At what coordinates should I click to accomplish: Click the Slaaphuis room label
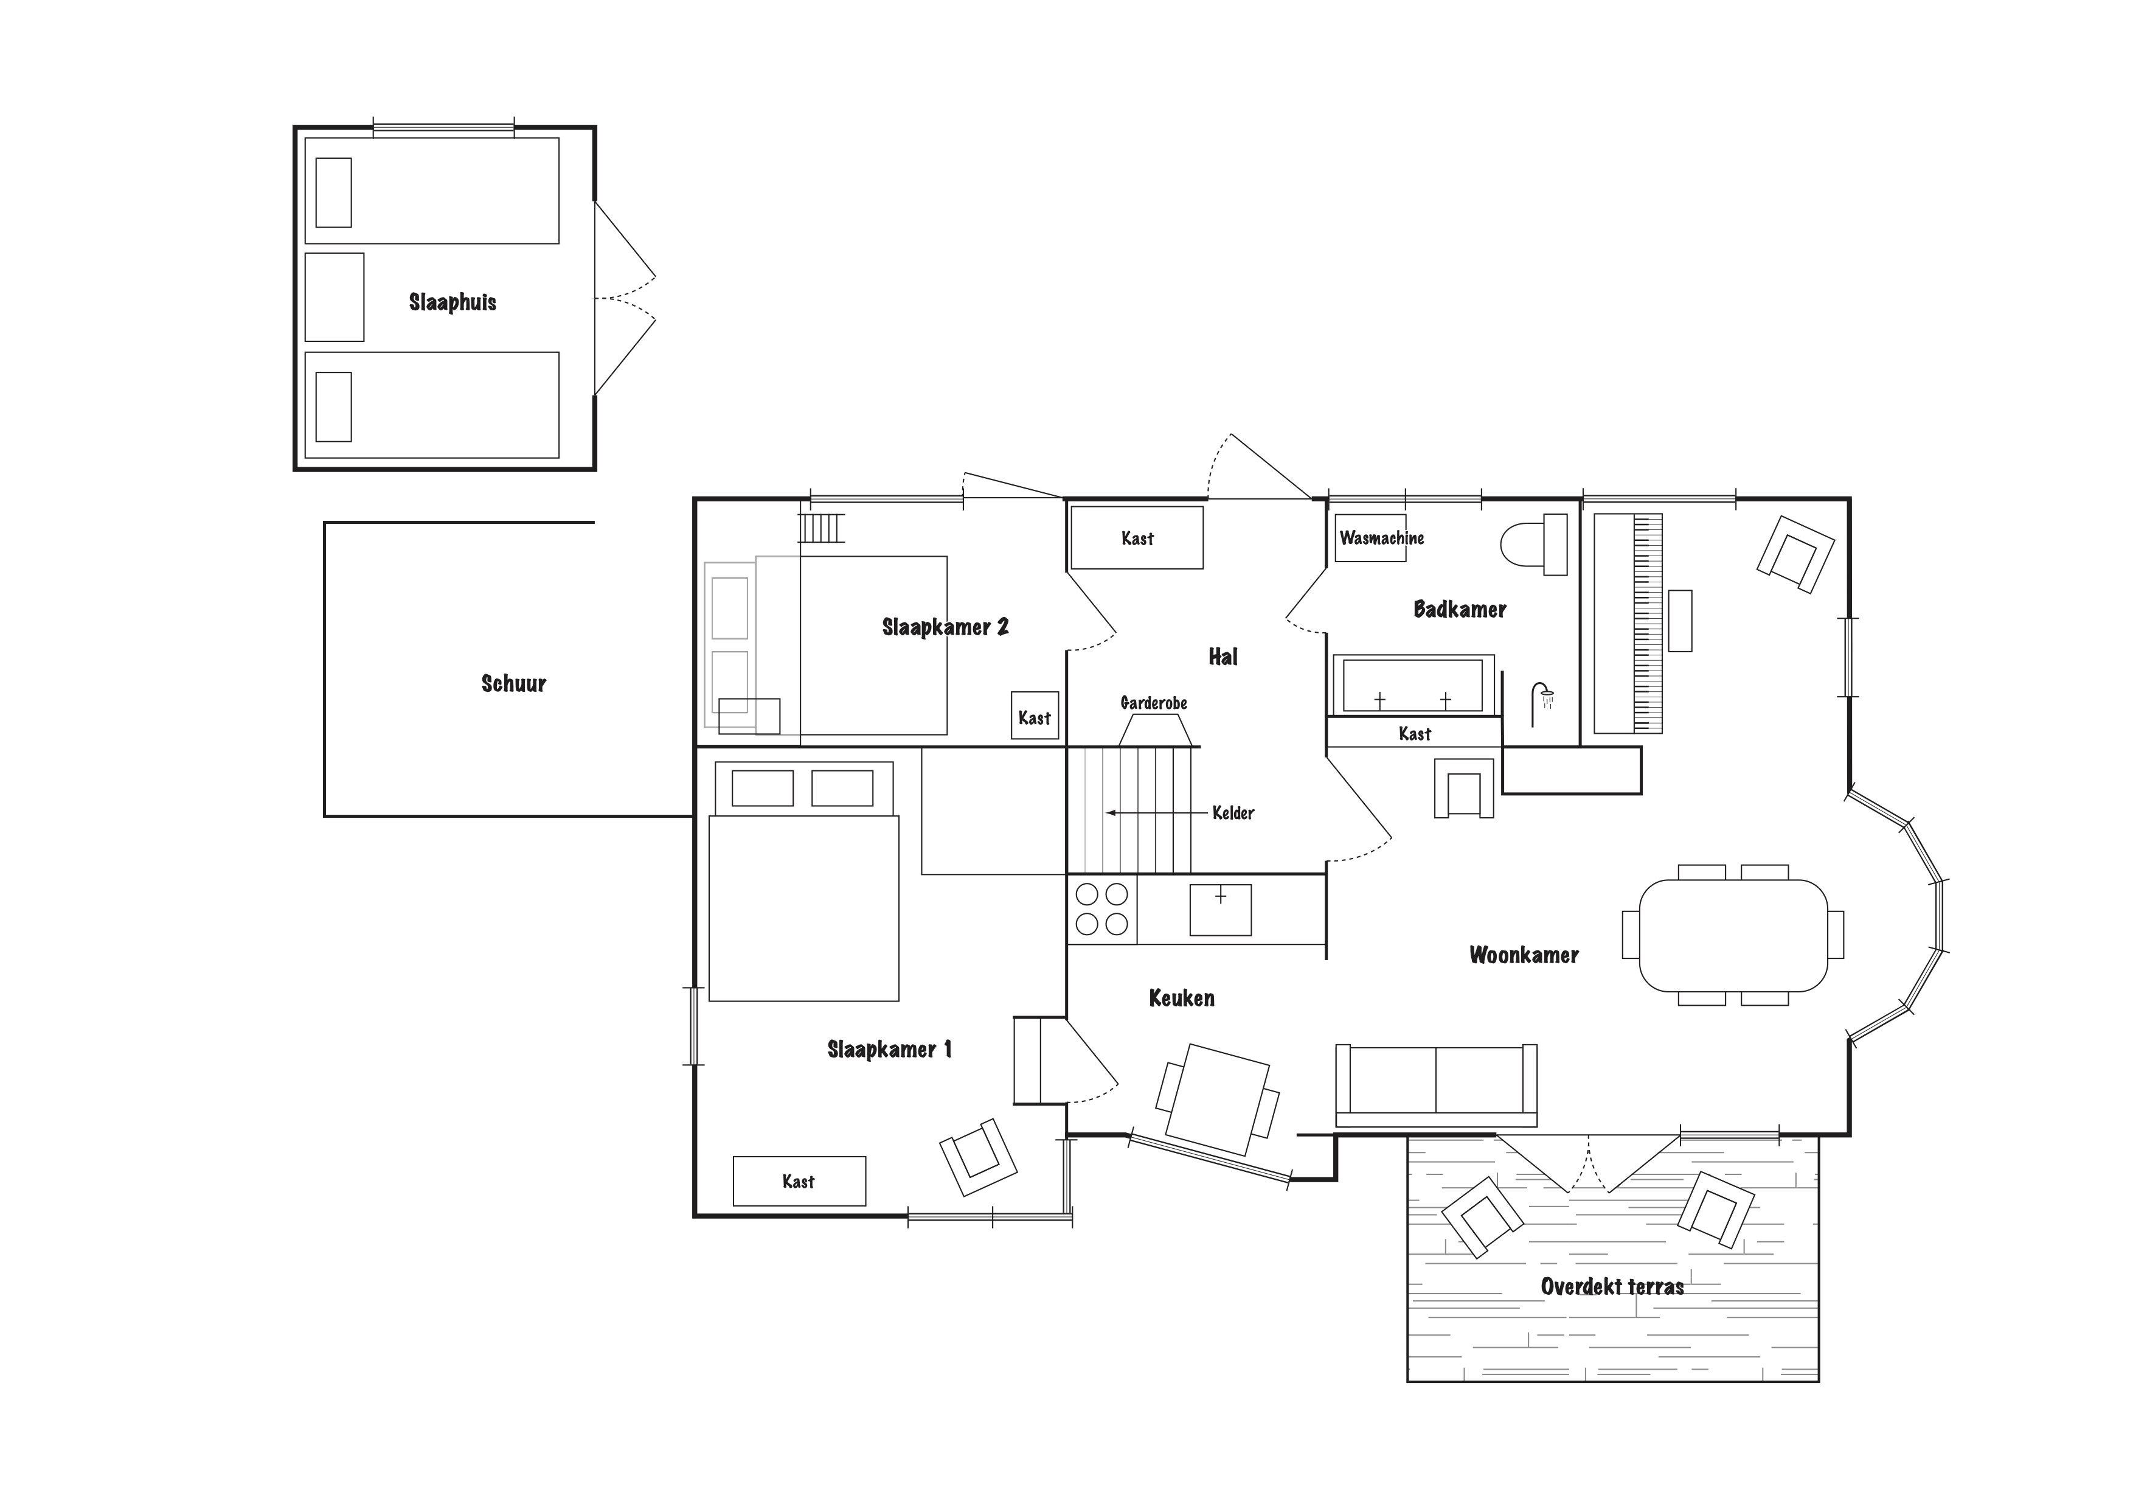[453, 302]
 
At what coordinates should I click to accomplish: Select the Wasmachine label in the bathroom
[1381, 538]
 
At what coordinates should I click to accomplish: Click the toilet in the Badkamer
[1534, 545]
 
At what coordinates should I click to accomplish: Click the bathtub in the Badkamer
[1413, 685]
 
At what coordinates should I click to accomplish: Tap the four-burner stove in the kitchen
[1102, 910]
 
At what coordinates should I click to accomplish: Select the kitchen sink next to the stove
[1221, 910]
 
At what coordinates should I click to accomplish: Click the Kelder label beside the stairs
[1233, 813]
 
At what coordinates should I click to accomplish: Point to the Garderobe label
[1154, 703]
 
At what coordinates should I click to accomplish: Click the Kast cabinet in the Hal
[1137, 537]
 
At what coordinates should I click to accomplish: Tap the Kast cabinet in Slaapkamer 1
[799, 1181]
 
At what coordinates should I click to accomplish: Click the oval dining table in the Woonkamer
[1733, 936]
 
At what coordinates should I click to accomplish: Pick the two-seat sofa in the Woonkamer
[1436, 1084]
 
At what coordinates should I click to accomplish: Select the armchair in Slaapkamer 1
[978, 1157]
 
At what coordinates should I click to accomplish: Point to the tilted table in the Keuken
[1218, 1100]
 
